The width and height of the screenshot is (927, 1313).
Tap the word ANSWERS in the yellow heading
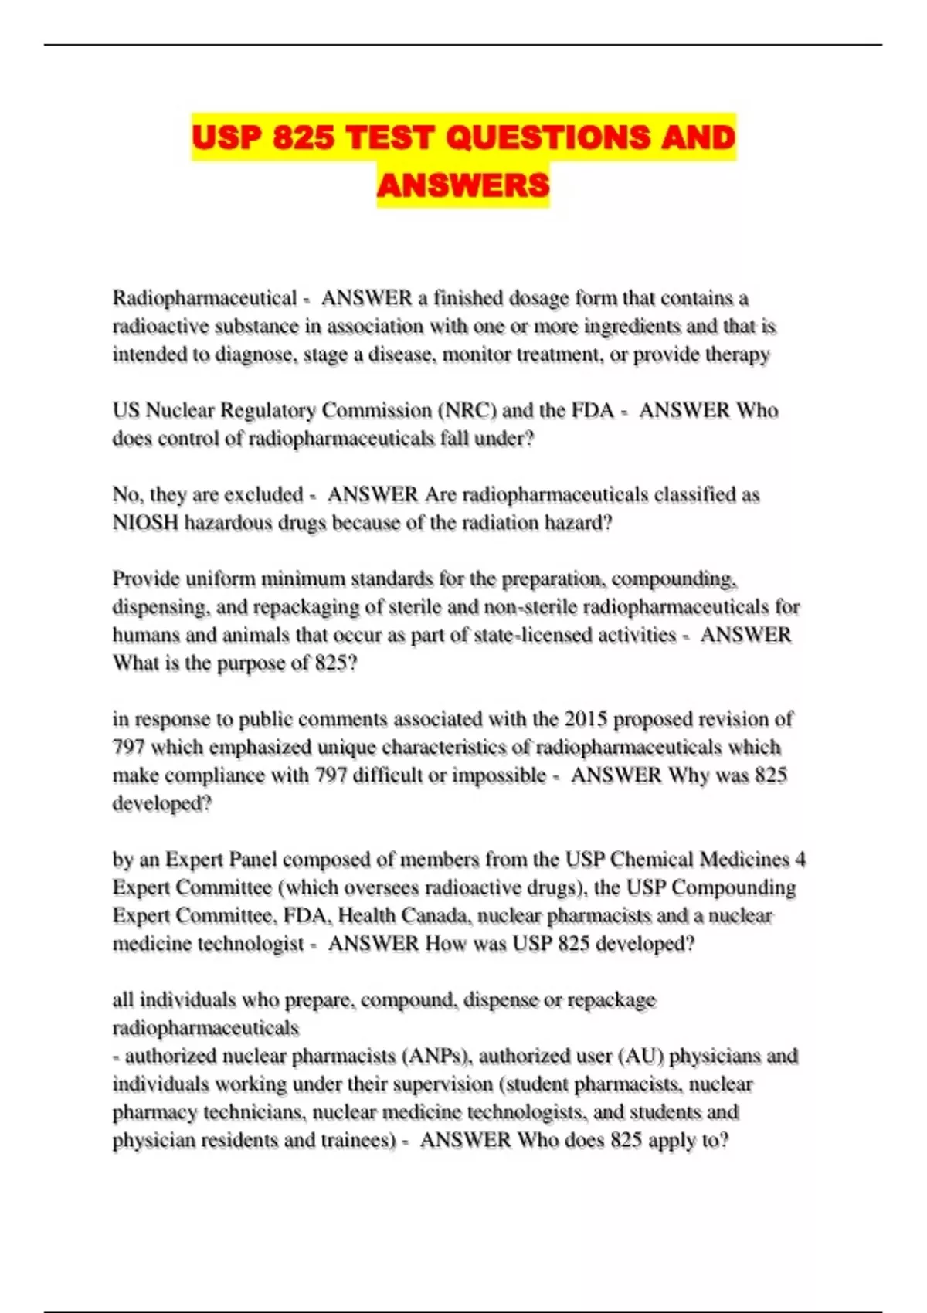(x=463, y=185)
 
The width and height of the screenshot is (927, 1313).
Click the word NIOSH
(x=145, y=523)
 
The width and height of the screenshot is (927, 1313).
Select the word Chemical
(x=652, y=860)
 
